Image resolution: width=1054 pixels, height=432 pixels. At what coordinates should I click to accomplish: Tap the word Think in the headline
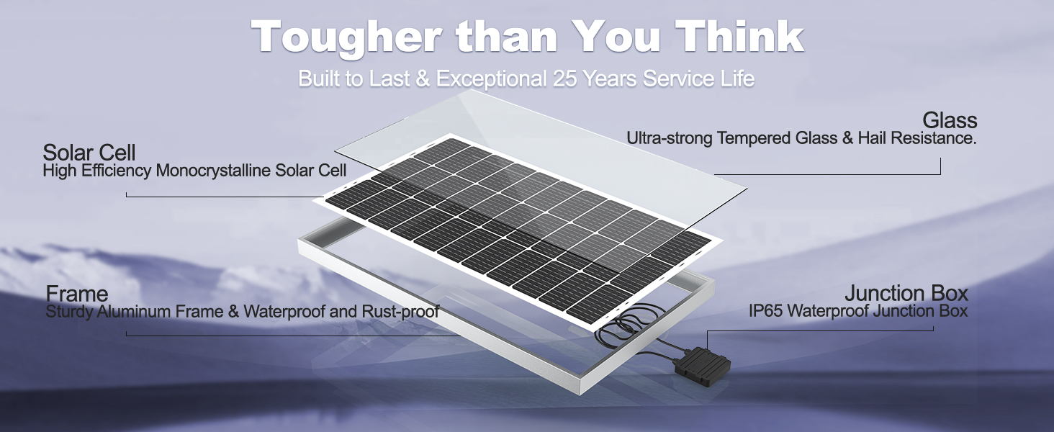tap(739, 36)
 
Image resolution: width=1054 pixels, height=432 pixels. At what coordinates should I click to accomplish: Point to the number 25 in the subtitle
tap(564, 78)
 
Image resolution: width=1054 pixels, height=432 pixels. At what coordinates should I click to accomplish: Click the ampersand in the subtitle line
tap(423, 78)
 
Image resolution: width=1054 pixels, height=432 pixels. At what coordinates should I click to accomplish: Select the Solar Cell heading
tap(89, 153)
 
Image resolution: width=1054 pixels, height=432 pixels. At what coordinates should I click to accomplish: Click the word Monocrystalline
tap(213, 171)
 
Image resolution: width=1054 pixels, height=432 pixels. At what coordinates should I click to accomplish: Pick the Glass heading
tap(950, 120)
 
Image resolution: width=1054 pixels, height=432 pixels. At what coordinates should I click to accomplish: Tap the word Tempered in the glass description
tap(754, 138)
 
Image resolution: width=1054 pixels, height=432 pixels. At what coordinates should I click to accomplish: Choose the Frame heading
tap(77, 294)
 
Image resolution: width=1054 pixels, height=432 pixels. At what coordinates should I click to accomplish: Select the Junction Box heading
tap(906, 293)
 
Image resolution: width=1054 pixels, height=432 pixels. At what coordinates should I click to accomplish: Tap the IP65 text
tap(765, 311)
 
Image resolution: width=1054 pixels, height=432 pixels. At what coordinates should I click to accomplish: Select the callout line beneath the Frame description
tap(293, 336)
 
